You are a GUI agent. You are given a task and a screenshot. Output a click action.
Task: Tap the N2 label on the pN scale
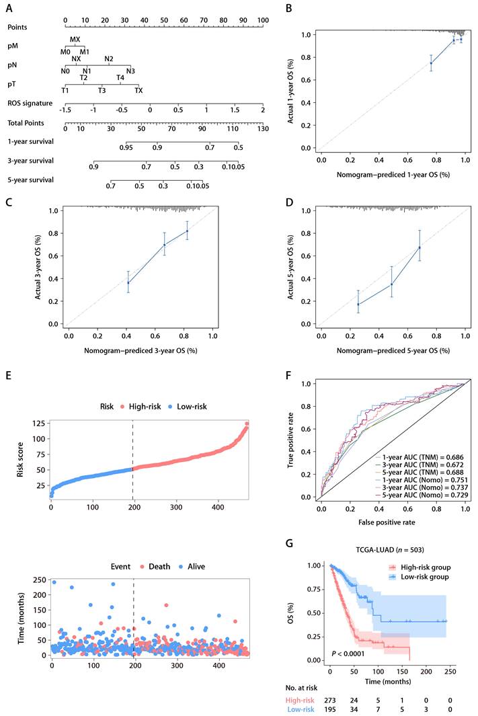coord(108,58)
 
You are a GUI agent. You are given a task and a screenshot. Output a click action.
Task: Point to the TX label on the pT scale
coord(138,90)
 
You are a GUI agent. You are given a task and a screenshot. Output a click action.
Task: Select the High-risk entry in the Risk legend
coord(143,407)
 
